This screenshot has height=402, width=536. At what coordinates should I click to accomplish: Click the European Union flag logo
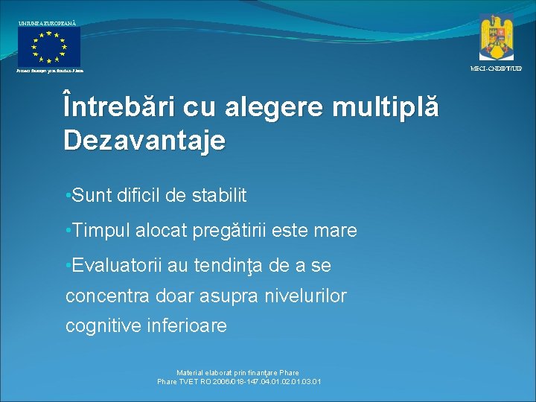49,47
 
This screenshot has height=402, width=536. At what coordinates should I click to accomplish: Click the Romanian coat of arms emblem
497,36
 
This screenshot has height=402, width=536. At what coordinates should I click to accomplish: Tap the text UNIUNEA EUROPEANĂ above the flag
47,24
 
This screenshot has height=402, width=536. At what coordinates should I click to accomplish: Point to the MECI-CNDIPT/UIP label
496,68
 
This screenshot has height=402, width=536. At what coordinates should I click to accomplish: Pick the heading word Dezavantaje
144,140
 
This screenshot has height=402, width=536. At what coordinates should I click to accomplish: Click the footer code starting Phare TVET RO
239,382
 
